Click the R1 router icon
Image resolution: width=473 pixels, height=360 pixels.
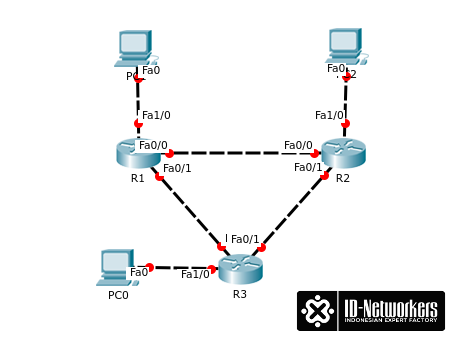tap(138, 153)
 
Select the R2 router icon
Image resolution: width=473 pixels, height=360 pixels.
tap(343, 153)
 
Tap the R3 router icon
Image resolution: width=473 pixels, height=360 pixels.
tap(240, 269)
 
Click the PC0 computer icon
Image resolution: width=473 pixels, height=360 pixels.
tap(117, 268)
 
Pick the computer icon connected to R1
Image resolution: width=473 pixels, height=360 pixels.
tap(134, 48)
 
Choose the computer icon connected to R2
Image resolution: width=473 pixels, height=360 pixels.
tap(345, 46)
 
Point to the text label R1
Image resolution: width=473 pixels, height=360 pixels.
tap(138, 178)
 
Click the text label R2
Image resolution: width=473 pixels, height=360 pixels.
tap(343, 178)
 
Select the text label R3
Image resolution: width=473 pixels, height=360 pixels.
tap(240, 294)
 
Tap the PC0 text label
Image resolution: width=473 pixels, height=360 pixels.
tap(118, 295)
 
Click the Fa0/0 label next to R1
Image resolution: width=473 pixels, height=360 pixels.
tap(153, 145)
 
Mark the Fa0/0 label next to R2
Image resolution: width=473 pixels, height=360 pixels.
tap(298, 145)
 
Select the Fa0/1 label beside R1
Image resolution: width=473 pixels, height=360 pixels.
tap(177, 168)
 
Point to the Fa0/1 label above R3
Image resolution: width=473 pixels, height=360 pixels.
tap(245, 240)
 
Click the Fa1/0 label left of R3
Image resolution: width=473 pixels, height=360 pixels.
tap(195, 274)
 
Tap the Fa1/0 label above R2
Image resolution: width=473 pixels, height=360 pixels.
tap(328, 115)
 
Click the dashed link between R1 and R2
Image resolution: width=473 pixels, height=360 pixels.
tap(240, 153)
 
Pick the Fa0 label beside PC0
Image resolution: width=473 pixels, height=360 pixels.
tap(139, 272)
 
